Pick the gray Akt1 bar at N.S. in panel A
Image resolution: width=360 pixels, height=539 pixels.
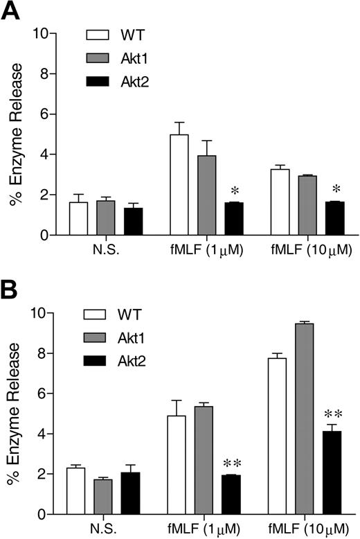(106, 218)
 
